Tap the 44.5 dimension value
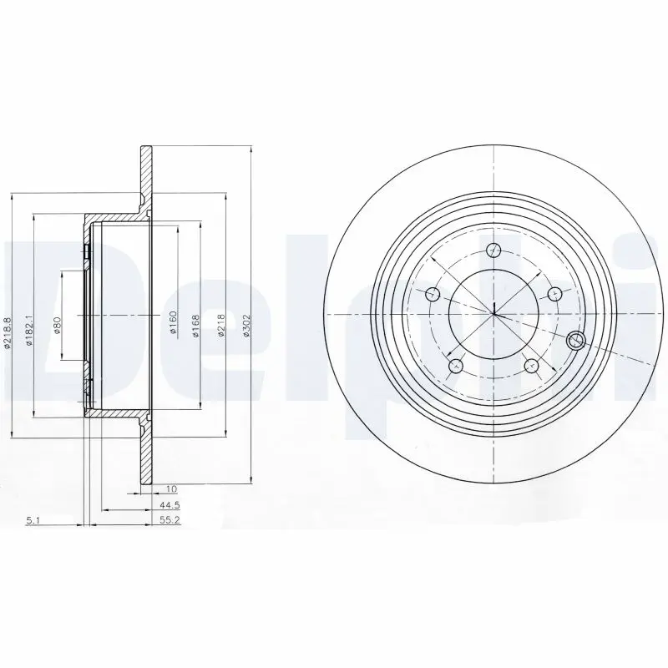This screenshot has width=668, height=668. click(x=170, y=506)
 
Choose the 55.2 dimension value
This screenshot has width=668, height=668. click(x=170, y=519)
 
